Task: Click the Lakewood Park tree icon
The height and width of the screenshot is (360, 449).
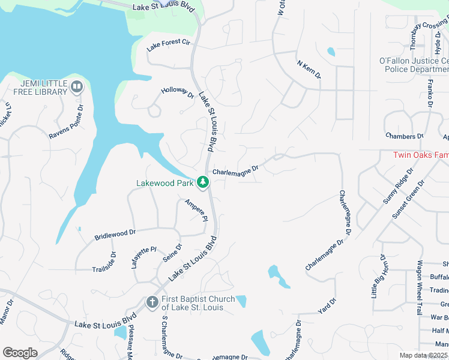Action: tap(203, 182)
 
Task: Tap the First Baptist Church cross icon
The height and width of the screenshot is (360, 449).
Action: tap(152, 301)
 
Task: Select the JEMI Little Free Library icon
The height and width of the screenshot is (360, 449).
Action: tap(76, 88)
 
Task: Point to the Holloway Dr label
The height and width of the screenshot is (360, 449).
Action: tap(178, 94)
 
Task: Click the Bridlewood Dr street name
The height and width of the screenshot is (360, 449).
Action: tap(115, 234)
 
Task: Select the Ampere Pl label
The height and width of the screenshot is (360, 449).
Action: tap(196, 210)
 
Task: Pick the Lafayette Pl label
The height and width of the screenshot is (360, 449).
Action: tap(143, 257)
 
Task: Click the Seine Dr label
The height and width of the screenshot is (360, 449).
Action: tap(172, 255)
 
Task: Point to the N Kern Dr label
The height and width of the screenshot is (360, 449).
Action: tap(309, 70)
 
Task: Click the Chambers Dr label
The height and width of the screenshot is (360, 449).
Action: tap(401, 137)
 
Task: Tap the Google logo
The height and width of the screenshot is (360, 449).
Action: tap(20, 353)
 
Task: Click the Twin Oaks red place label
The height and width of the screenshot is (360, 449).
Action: tap(420, 155)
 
